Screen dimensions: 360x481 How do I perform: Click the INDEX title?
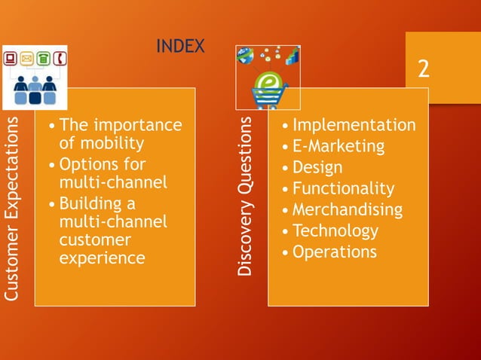(x=180, y=47)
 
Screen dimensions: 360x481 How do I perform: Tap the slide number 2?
(x=424, y=69)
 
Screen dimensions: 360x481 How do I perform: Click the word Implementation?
(x=354, y=125)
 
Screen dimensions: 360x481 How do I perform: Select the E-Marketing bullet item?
(x=338, y=146)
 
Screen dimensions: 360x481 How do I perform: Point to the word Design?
(x=317, y=167)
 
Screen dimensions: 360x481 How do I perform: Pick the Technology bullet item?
(x=335, y=230)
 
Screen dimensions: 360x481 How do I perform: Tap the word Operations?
(x=334, y=252)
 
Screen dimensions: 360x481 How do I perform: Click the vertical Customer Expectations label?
(x=11, y=209)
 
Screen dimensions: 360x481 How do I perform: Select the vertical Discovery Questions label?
(x=245, y=194)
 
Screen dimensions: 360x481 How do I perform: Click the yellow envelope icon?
(x=27, y=57)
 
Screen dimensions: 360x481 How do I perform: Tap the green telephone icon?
(x=44, y=57)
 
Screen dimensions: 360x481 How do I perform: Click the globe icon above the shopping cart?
(x=245, y=55)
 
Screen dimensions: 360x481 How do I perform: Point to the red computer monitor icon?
(x=11, y=57)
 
